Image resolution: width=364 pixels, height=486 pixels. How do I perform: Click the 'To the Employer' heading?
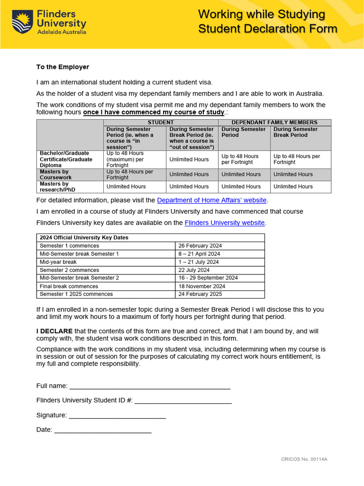(x=63, y=67)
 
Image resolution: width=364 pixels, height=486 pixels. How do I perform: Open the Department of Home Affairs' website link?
(x=211, y=200)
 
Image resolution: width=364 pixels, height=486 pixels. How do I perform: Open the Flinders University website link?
(x=225, y=223)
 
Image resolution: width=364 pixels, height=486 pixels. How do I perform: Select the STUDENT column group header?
(x=161, y=122)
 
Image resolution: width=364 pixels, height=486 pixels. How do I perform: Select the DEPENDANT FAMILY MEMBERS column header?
(x=274, y=122)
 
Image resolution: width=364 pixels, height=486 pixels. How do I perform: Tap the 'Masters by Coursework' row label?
(x=54, y=174)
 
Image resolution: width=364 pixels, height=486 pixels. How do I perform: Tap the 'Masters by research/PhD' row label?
(x=54, y=187)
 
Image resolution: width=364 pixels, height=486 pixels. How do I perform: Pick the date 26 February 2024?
(x=200, y=246)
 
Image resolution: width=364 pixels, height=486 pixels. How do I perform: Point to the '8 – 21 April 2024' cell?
(x=199, y=254)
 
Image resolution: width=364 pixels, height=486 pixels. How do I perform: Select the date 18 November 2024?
(x=201, y=286)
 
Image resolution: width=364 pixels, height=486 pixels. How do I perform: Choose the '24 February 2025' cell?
(x=200, y=294)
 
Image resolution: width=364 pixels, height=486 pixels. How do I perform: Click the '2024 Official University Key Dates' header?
(x=84, y=238)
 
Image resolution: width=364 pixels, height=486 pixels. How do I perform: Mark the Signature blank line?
(x=117, y=416)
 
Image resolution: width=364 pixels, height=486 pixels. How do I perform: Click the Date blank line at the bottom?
(x=103, y=430)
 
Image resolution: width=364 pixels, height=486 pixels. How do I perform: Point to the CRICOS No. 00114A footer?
(x=304, y=459)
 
